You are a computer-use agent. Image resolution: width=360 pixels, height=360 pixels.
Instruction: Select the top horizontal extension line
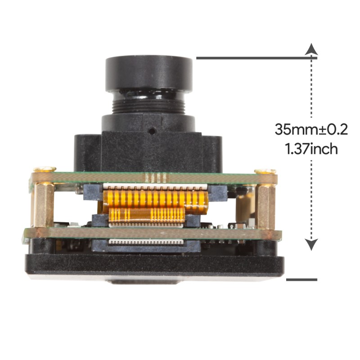pos(256,58)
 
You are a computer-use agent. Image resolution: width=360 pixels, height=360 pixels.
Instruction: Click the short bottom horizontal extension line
pos(301,279)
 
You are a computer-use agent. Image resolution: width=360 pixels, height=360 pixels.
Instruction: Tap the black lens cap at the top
pos(149,72)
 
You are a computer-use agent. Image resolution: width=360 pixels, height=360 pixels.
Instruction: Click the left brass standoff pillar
pos(44,205)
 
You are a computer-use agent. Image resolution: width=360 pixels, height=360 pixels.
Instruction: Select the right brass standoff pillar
pos(265,205)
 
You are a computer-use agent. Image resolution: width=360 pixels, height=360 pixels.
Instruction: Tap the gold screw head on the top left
pos(45,170)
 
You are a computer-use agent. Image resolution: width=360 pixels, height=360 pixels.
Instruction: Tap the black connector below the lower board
pos(144,245)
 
